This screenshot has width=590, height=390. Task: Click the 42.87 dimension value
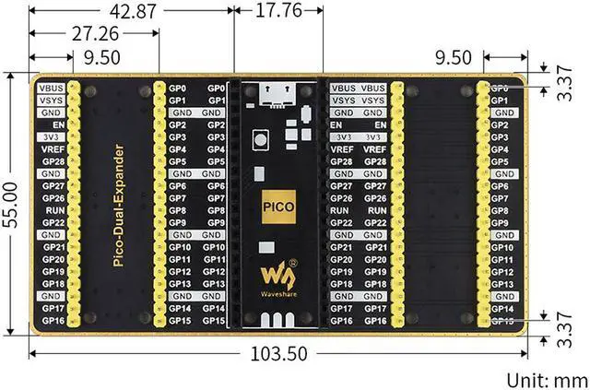tap(134, 12)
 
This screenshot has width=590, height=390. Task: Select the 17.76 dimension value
tap(276, 12)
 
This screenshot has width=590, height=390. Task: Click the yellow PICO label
tap(277, 206)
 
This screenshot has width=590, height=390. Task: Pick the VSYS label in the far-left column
tap(52, 100)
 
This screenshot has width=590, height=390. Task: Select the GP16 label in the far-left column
tap(53, 321)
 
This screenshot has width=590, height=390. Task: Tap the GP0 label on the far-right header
tap(500, 88)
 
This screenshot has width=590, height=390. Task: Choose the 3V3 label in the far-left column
tap(52, 136)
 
